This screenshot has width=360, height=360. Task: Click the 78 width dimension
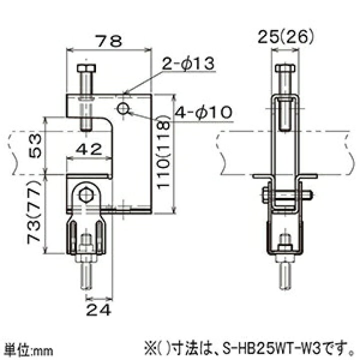[x=109, y=41]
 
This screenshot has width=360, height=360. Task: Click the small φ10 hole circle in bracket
[x=122, y=108]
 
